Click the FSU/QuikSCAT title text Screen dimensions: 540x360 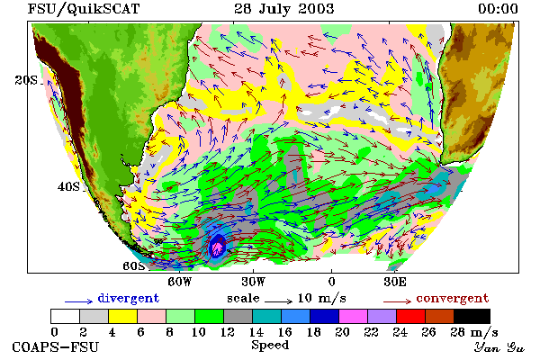click(x=84, y=9)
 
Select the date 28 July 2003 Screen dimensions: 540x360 click(x=284, y=8)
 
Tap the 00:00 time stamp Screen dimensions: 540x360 click(x=498, y=8)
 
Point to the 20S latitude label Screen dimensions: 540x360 click(x=26, y=80)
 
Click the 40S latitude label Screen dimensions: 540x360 click(x=68, y=186)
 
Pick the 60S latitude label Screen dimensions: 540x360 click(x=134, y=266)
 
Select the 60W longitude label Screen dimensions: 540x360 click(x=179, y=282)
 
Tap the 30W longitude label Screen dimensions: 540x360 click(x=254, y=282)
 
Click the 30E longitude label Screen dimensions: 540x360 click(x=395, y=282)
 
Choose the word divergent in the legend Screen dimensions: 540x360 click(x=129, y=298)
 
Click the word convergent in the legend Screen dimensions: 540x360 click(x=453, y=298)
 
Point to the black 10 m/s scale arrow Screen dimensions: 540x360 click(x=279, y=301)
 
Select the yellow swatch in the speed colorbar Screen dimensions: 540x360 click(x=122, y=316)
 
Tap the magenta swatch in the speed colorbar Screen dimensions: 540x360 click(x=353, y=316)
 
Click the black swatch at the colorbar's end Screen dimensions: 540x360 click(x=472, y=316)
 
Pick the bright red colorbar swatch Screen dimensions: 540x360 click(x=410, y=316)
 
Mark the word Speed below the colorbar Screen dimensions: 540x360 click(x=270, y=346)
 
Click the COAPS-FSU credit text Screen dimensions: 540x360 click(x=56, y=346)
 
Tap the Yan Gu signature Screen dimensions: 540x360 click(x=499, y=347)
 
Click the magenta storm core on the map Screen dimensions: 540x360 click(x=218, y=247)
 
